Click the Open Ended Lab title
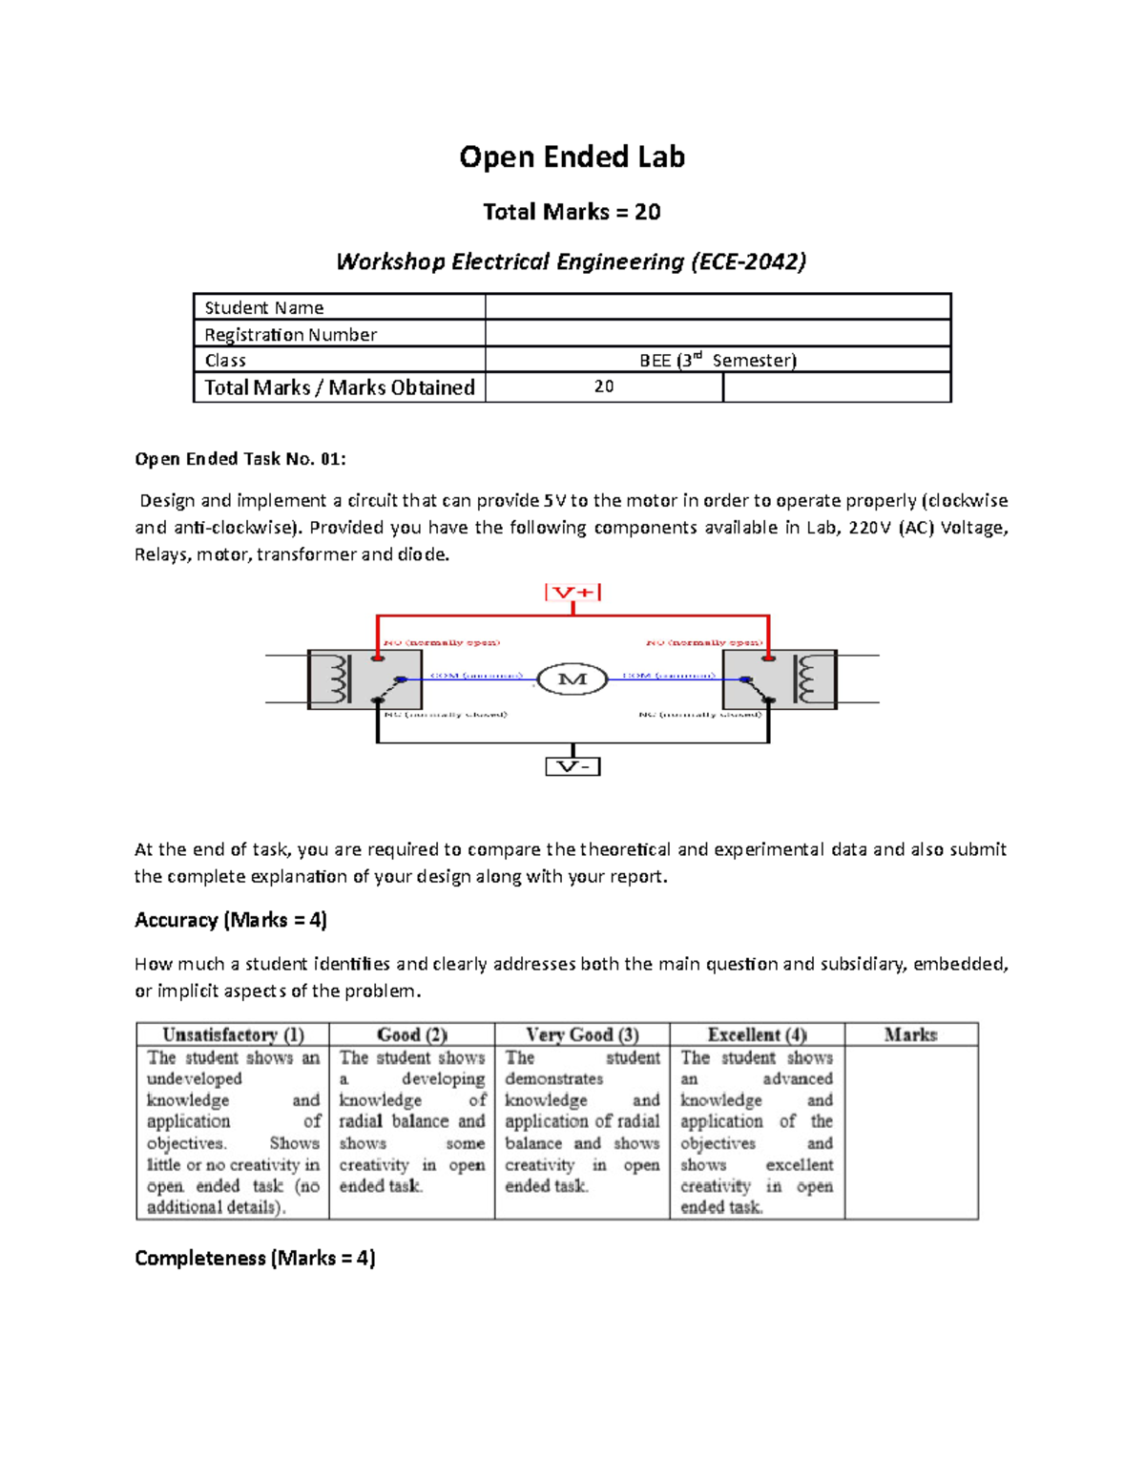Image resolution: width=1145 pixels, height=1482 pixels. tap(572, 157)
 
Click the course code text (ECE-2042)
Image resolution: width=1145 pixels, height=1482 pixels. tap(748, 261)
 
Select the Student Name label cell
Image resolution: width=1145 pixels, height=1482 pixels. tap(339, 307)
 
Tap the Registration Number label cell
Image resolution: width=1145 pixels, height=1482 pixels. tap(339, 334)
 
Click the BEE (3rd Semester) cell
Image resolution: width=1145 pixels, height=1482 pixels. tap(718, 360)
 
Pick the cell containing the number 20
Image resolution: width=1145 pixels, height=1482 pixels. tap(604, 386)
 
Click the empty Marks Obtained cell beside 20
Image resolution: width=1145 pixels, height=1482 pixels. tap(836, 386)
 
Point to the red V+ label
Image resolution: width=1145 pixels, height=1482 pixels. tap(572, 593)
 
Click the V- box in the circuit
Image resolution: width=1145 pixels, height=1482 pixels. tap(572, 766)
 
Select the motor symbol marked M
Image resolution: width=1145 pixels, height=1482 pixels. tap(572, 679)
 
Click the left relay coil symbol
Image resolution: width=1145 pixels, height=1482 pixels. tap(336, 679)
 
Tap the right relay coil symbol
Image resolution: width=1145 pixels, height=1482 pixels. tap(808, 679)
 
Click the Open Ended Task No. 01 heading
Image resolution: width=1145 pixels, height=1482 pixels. tap(240, 459)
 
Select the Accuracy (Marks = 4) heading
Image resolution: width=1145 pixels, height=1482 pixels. tap(231, 920)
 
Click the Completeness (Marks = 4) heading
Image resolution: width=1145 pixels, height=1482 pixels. tap(255, 1258)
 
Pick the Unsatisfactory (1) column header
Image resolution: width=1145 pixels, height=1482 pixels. tap(233, 1034)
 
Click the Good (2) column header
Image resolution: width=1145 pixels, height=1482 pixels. tap(411, 1034)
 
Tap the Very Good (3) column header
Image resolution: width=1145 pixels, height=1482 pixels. tap(582, 1034)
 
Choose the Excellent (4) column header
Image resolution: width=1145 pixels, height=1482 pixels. tap(757, 1034)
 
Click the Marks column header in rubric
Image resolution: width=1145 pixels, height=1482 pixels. tap(910, 1034)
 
